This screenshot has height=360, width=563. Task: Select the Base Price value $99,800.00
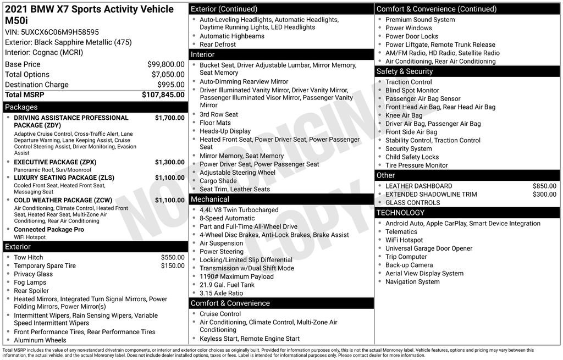(x=165, y=64)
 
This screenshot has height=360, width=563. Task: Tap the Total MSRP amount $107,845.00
(x=163, y=95)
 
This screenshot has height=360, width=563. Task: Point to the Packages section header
(x=21, y=107)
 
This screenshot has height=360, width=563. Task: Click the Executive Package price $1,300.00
(x=169, y=162)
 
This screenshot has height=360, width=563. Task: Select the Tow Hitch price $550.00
(x=173, y=257)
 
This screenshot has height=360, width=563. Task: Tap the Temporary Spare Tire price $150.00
(x=173, y=265)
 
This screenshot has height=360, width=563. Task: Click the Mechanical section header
(x=209, y=199)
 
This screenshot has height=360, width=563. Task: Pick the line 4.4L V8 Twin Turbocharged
(x=239, y=210)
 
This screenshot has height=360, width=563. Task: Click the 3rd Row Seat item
(x=218, y=114)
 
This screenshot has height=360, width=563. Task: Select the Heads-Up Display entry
(x=225, y=131)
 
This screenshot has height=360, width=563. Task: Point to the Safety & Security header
(x=404, y=71)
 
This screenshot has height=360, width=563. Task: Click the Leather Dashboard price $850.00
(x=544, y=186)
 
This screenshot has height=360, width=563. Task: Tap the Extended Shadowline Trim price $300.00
(x=544, y=194)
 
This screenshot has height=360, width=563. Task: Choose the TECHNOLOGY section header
(x=400, y=213)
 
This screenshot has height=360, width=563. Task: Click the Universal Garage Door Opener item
(x=429, y=248)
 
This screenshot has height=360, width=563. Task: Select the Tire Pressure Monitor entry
(x=416, y=165)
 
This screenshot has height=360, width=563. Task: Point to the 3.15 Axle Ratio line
(x=221, y=293)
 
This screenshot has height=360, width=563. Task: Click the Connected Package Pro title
(x=49, y=229)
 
